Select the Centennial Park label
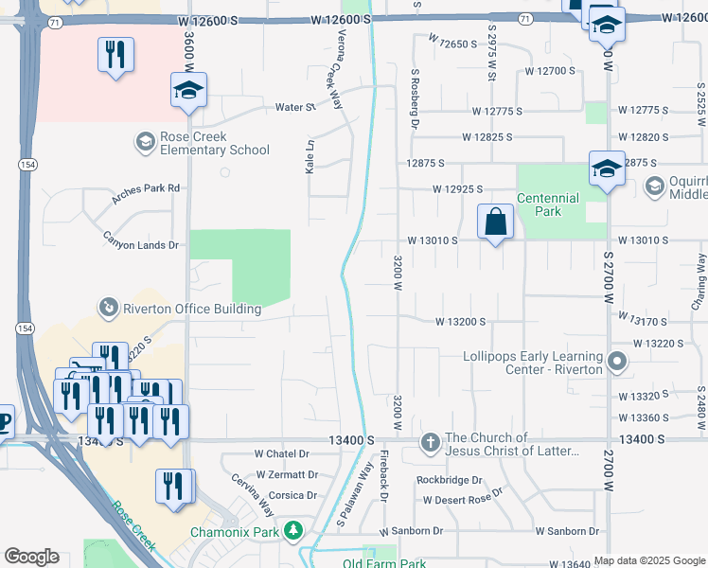click(547, 204)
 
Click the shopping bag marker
click(495, 223)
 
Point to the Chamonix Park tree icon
click(293, 528)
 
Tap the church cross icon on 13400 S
click(430, 442)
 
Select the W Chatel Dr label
click(283, 454)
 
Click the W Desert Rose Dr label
click(463, 499)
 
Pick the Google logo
click(31, 557)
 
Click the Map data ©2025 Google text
click(649, 560)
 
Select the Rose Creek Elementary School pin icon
click(145, 143)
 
